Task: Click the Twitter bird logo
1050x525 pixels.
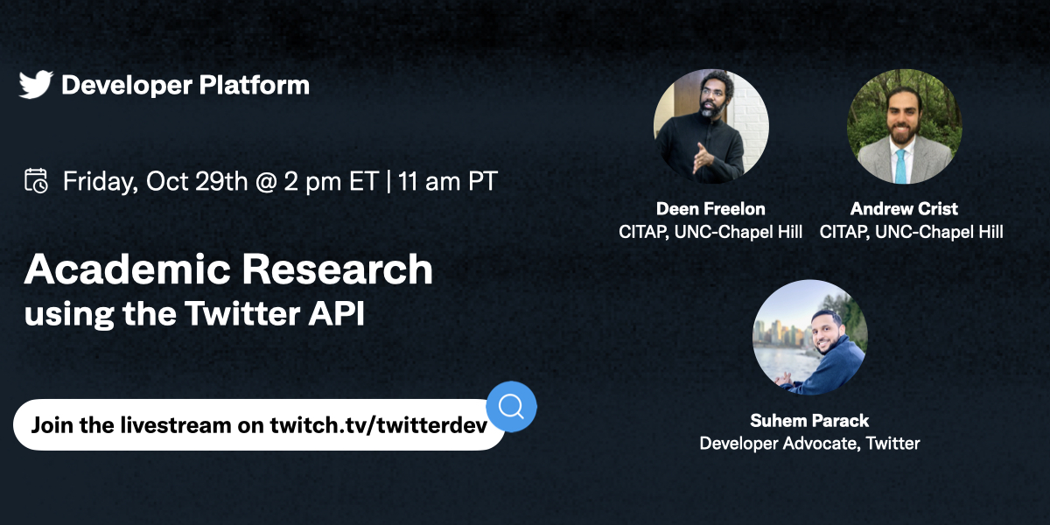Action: click(36, 85)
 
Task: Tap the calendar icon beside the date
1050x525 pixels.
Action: click(36, 181)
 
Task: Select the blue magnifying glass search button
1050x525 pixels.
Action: click(511, 406)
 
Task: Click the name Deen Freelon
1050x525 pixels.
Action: click(710, 209)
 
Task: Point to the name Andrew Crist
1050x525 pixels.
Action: click(904, 209)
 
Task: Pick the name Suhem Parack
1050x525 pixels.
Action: click(809, 421)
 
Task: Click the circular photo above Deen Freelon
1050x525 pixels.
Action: click(710, 126)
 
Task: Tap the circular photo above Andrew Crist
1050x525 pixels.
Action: click(904, 126)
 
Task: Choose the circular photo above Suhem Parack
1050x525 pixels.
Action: click(809, 338)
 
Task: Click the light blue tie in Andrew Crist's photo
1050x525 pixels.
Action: click(901, 166)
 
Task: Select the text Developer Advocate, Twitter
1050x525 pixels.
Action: click(809, 444)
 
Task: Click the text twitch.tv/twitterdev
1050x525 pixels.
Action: click(378, 425)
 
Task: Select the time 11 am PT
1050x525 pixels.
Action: click(447, 182)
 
